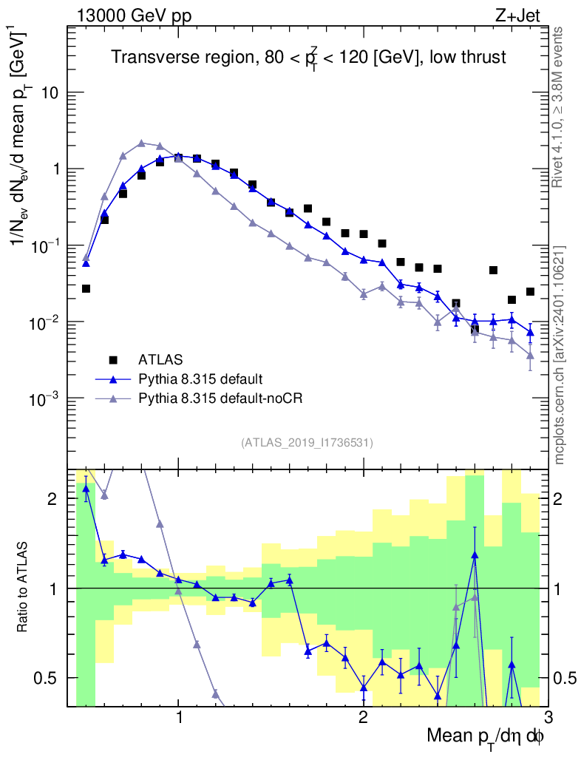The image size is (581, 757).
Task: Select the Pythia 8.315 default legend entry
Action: [x=200, y=379]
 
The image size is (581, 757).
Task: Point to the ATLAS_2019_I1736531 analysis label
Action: [x=307, y=443]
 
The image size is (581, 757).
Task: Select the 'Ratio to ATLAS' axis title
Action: [x=25, y=588]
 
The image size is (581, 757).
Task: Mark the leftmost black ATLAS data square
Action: [x=86, y=288]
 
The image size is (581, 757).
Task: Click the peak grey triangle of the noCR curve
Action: [x=141, y=143]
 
